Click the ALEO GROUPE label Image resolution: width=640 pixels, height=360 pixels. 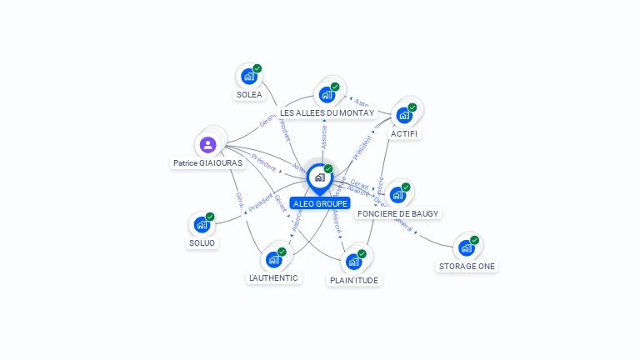pyautogui.click(x=320, y=203)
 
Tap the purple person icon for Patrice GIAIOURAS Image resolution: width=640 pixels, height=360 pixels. pyautogui.click(x=208, y=145)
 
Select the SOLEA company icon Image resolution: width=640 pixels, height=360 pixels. pyautogui.click(x=248, y=77)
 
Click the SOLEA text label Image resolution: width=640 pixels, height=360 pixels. pyautogui.click(x=249, y=95)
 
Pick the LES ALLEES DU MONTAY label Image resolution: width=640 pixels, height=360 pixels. pyautogui.click(x=327, y=112)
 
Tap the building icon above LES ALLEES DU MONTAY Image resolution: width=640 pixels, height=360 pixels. pyautogui.click(x=327, y=95)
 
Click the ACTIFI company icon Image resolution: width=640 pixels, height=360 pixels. pyautogui.click(x=404, y=115)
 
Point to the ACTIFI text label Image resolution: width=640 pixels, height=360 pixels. pyautogui.click(x=404, y=133)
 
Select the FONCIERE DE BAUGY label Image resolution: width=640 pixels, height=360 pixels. pyautogui.click(x=397, y=214)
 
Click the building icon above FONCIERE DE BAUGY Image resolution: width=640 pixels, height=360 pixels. pyautogui.click(x=397, y=195)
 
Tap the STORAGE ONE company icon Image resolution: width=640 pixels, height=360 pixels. pyautogui.click(x=467, y=248)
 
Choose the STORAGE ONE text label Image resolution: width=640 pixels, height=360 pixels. pyautogui.click(x=467, y=267)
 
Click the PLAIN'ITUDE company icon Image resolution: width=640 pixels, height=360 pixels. pyautogui.click(x=353, y=262)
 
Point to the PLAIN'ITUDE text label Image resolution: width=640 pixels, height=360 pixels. pyautogui.click(x=354, y=281)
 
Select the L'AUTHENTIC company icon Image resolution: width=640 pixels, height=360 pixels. pyautogui.click(x=274, y=259)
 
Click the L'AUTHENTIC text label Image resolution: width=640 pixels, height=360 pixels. pyautogui.click(x=273, y=277)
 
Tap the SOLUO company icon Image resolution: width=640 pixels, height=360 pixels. pyautogui.click(x=202, y=224)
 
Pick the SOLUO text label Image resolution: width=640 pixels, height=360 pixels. pyautogui.click(x=202, y=243)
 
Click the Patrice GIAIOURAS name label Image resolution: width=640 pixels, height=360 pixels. pyautogui.click(x=207, y=163)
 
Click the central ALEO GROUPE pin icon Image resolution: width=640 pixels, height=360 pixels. pyautogui.click(x=319, y=177)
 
